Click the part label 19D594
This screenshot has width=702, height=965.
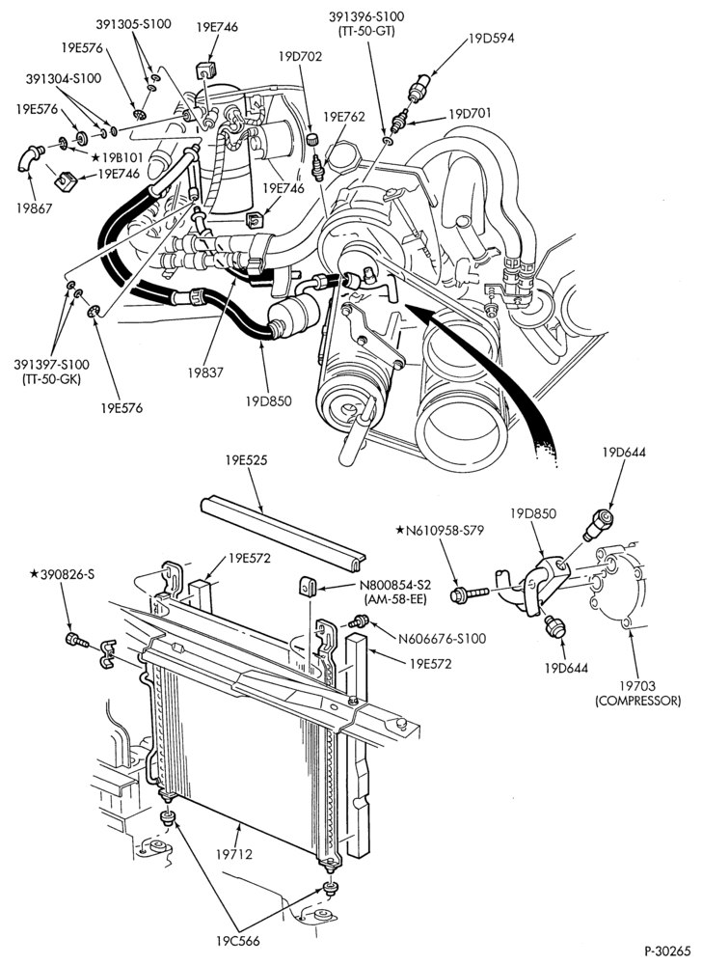[x=491, y=39]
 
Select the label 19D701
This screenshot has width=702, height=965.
[x=472, y=114]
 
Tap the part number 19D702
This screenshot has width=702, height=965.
[x=300, y=57]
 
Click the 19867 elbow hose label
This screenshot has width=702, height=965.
[x=35, y=208]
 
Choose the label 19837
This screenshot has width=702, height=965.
[x=206, y=372]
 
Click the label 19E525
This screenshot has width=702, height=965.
[x=246, y=459]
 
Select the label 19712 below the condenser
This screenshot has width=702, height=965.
[x=233, y=854]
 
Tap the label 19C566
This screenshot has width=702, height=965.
[x=237, y=941]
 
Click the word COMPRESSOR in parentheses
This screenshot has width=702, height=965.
[x=637, y=701]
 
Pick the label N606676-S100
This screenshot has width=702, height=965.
[x=442, y=639]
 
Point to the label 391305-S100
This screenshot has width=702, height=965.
[x=133, y=24]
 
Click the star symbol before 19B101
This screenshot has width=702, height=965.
[x=95, y=157]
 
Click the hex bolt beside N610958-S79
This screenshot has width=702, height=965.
[x=469, y=594]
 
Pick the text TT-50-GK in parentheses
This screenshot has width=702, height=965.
[x=51, y=378]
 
